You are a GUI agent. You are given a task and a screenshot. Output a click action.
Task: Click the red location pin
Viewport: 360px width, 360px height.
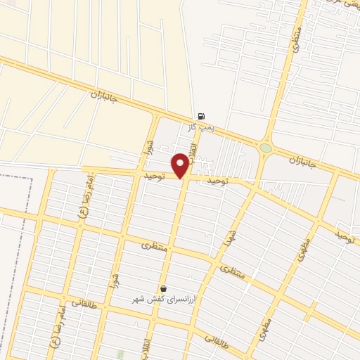[181, 165]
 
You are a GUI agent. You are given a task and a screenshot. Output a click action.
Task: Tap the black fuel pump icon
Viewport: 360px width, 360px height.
[202, 117]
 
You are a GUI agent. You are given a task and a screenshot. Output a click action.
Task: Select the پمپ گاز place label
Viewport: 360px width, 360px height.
[200, 127]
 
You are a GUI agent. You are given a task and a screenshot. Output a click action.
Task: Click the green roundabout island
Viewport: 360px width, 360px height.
[265, 148]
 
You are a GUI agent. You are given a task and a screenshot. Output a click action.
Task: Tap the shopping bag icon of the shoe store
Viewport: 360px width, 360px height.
[163, 288]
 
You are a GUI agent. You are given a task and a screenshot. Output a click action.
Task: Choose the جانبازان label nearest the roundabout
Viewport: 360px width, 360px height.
[304, 165]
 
